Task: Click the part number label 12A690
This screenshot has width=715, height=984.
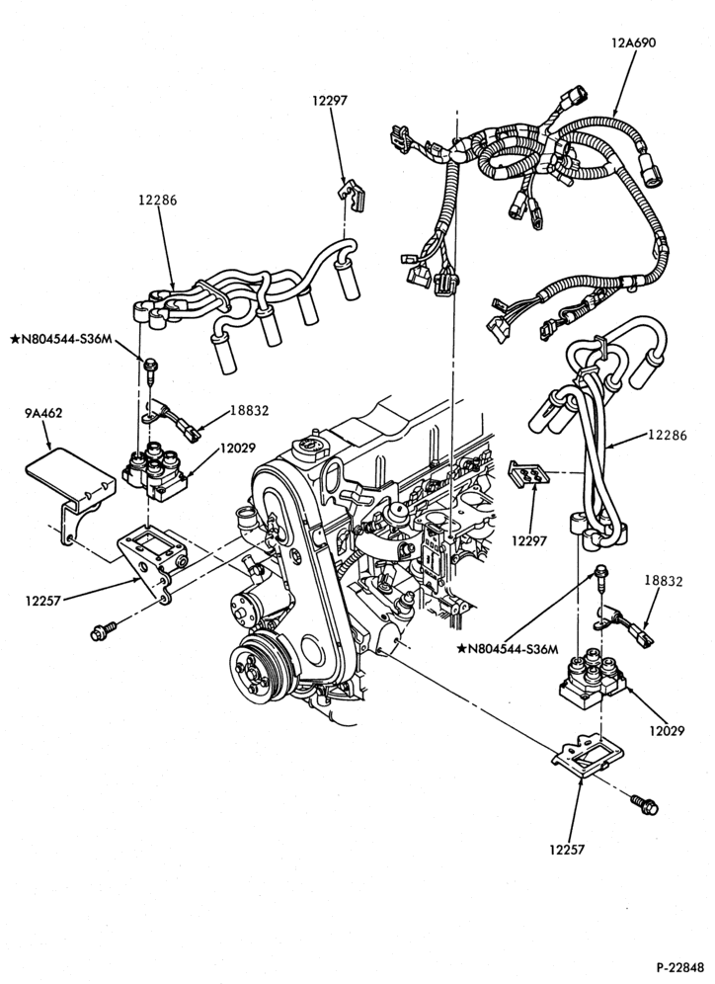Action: pos(633,42)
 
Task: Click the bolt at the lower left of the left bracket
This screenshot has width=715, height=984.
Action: pos(105,629)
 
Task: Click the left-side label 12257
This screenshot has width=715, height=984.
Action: pos(42,601)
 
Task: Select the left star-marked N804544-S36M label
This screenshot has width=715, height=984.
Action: pos(61,340)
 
